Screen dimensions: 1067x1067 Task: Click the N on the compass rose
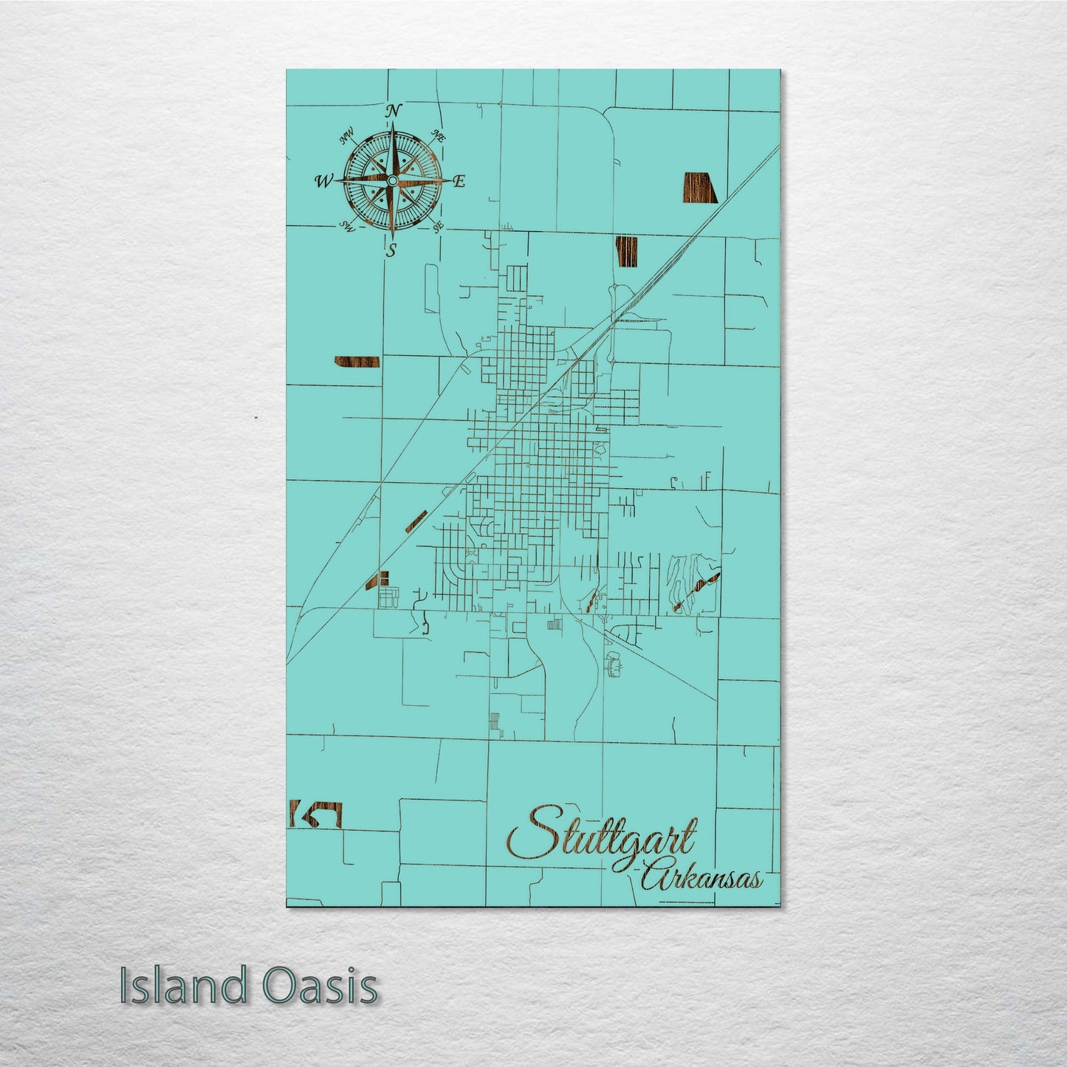(x=394, y=111)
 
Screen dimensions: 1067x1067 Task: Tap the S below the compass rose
(x=392, y=250)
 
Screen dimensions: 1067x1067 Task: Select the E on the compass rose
(x=459, y=182)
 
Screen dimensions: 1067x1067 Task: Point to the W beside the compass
(x=324, y=181)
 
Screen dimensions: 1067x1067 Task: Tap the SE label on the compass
(x=438, y=227)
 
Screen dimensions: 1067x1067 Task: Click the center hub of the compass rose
(x=392, y=180)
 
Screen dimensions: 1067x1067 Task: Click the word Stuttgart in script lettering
(x=602, y=834)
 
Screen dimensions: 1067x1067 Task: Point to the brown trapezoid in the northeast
(x=700, y=186)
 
